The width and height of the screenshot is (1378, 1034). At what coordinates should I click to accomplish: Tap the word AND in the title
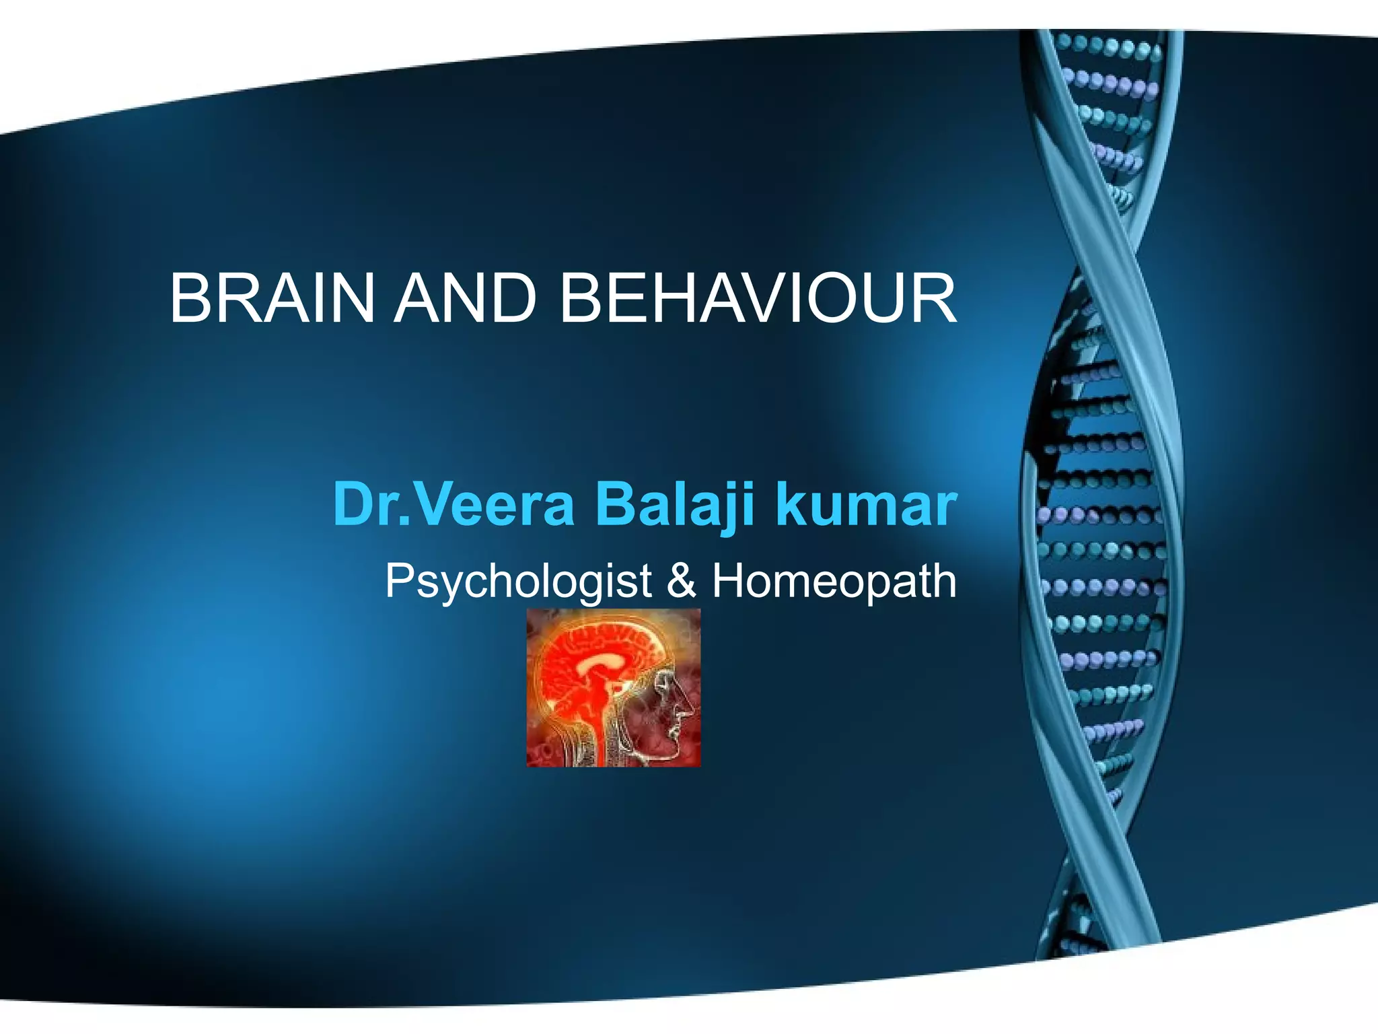click(464, 298)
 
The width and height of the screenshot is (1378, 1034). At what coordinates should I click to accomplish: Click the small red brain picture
click(613, 687)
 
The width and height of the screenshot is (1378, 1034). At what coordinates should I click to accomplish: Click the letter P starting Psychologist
click(399, 580)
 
